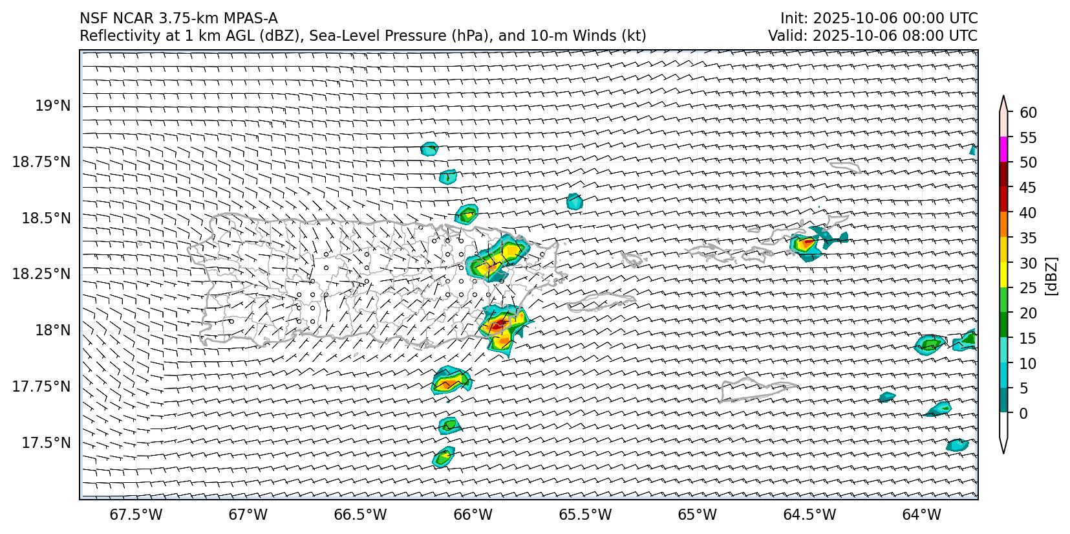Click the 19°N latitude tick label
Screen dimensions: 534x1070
pos(53,106)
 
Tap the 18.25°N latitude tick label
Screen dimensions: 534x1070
pos(41,274)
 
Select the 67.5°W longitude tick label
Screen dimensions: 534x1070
pos(136,515)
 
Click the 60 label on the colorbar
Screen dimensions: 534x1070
pos(1028,113)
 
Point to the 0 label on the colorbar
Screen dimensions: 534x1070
pos(1023,413)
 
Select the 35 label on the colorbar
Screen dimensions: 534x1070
pos(1028,238)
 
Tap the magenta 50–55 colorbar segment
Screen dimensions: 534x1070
pos(1003,150)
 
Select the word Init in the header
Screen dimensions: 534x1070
pos(793,18)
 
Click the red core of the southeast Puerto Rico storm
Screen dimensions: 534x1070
pos(497,326)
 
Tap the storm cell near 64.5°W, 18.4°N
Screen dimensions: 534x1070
pos(806,245)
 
